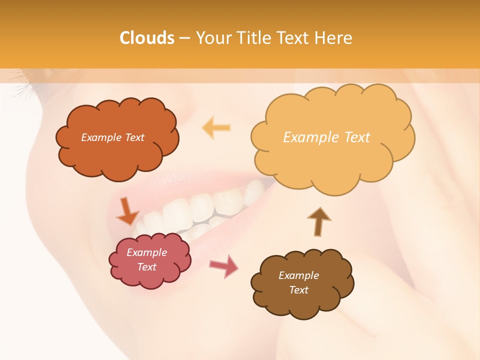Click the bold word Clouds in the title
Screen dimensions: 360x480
pyautogui.click(x=146, y=38)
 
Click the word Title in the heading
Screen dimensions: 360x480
pyautogui.click(x=254, y=38)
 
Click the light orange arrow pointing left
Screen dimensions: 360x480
pyautogui.click(x=216, y=127)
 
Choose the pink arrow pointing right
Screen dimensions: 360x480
pyautogui.click(x=224, y=265)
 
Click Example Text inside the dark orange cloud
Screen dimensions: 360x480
pyautogui.click(x=112, y=137)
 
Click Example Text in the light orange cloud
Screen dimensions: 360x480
pyautogui.click(x=326, y=137)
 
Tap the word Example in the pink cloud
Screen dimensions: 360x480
pyautogui.click(x=147, y=252)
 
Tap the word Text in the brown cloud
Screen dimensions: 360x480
pyautogui.click(x=299, y=290)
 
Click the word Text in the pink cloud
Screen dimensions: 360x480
pyautogui.click(x=147, y=267)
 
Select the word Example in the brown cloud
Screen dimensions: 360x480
pyautogui.click(x=299, y=275)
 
